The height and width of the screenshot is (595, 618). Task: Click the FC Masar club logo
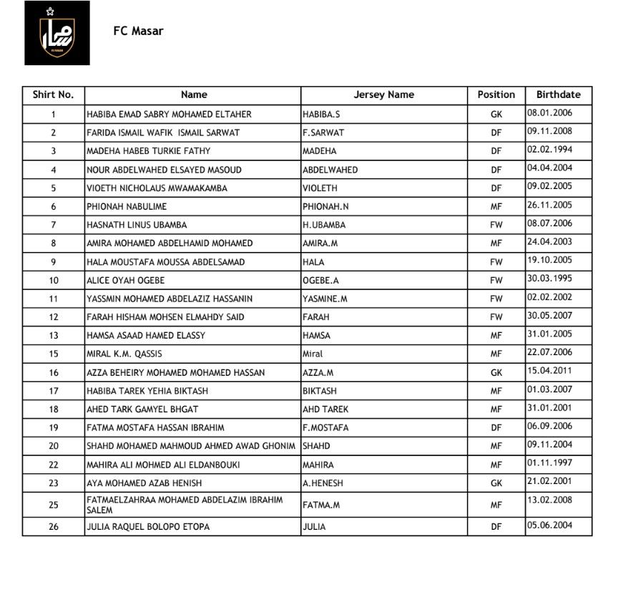[57, 33]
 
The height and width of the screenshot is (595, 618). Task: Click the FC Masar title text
[138, 31]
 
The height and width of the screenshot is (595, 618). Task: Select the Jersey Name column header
[383, 95]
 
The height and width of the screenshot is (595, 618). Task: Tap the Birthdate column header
[559, 95]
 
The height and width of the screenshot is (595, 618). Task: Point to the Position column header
[496, 95]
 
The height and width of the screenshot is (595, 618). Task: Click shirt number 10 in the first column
[54, 280]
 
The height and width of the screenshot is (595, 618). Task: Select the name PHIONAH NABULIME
[127, 206]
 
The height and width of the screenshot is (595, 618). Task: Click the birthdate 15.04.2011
[549, 371]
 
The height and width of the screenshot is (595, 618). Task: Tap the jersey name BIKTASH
[320, 391]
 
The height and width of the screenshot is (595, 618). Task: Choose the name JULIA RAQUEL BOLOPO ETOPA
[148, 527]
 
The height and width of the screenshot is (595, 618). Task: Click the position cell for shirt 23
[496, 483]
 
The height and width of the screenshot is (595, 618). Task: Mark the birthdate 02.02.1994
[549, 150]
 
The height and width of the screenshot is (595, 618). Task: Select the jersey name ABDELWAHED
[330, 170]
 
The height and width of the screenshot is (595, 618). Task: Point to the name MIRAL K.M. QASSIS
[125, 354]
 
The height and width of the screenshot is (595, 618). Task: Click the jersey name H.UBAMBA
[324, 225]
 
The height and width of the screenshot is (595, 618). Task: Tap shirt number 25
[54, 505]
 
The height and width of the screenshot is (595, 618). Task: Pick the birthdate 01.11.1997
[549, 463]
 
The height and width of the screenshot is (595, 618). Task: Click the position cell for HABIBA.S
[496, 114]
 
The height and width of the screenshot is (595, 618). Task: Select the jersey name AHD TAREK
[325, 410]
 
